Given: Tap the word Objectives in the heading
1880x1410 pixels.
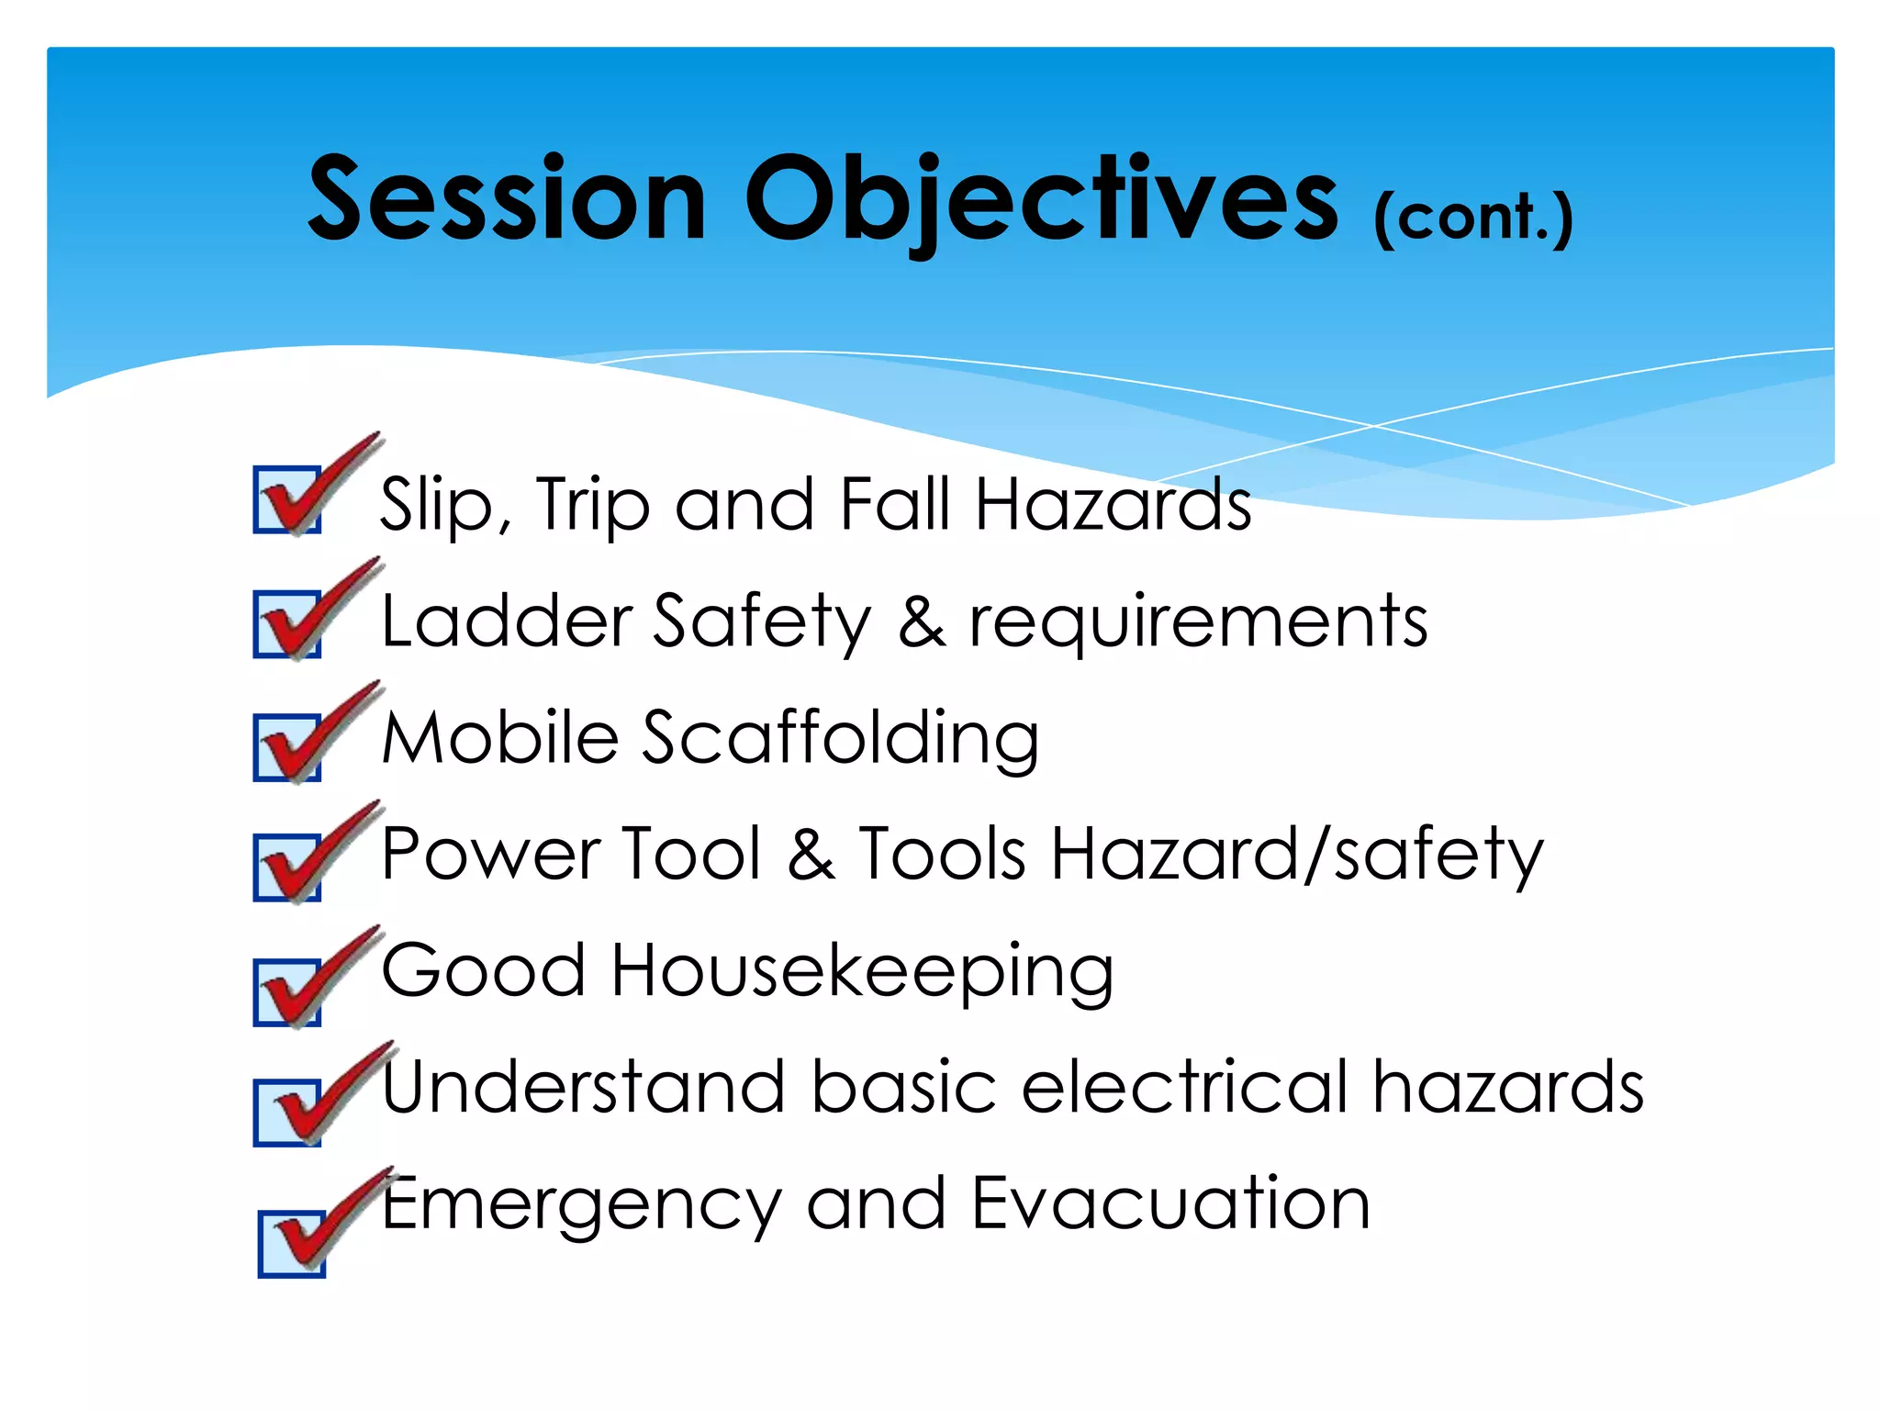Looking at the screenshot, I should [1041, 199].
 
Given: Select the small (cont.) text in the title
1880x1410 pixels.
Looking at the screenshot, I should [1472, 218].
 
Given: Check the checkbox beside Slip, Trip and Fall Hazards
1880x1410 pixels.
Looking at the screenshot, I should [287, 500].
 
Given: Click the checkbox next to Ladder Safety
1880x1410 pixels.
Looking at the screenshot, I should [287, 625].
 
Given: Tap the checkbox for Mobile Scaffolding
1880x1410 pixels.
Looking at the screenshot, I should [287, 748].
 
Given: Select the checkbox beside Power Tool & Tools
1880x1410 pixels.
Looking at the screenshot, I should [287, 868].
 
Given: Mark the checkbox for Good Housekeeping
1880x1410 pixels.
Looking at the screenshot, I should [287, 993].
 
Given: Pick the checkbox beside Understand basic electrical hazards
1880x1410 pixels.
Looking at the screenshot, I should [287, 1113].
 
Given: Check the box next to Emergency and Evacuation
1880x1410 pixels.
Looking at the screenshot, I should [292, 1244].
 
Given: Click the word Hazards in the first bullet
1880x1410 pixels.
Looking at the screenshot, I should [1112, 504].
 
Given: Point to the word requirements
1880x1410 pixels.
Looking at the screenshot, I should [1198, 622].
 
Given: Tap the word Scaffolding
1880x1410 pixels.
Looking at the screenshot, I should [840, 738].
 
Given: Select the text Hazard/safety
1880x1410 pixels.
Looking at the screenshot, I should [1296, 855].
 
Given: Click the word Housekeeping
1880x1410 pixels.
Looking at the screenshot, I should [862, 971].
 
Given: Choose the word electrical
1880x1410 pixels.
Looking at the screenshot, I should [1184, 1087].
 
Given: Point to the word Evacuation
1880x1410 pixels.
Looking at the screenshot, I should [1170, 1203].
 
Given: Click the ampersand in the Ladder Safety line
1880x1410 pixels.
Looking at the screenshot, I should [921, 622].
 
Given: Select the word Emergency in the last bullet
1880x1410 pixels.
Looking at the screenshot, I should [582, 1205].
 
